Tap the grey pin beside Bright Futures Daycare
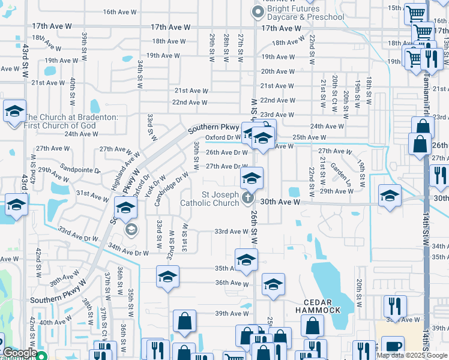(258, 11)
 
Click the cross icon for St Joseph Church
(247, 197)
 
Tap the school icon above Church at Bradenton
(14, 112)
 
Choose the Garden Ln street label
(340, 173)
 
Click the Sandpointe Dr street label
(78, 170)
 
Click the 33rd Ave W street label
(231, 232)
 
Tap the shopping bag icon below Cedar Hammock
(312, 327)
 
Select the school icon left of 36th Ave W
(168, 277)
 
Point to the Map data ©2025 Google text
(412, 355)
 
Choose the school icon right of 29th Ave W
(390, 196)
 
